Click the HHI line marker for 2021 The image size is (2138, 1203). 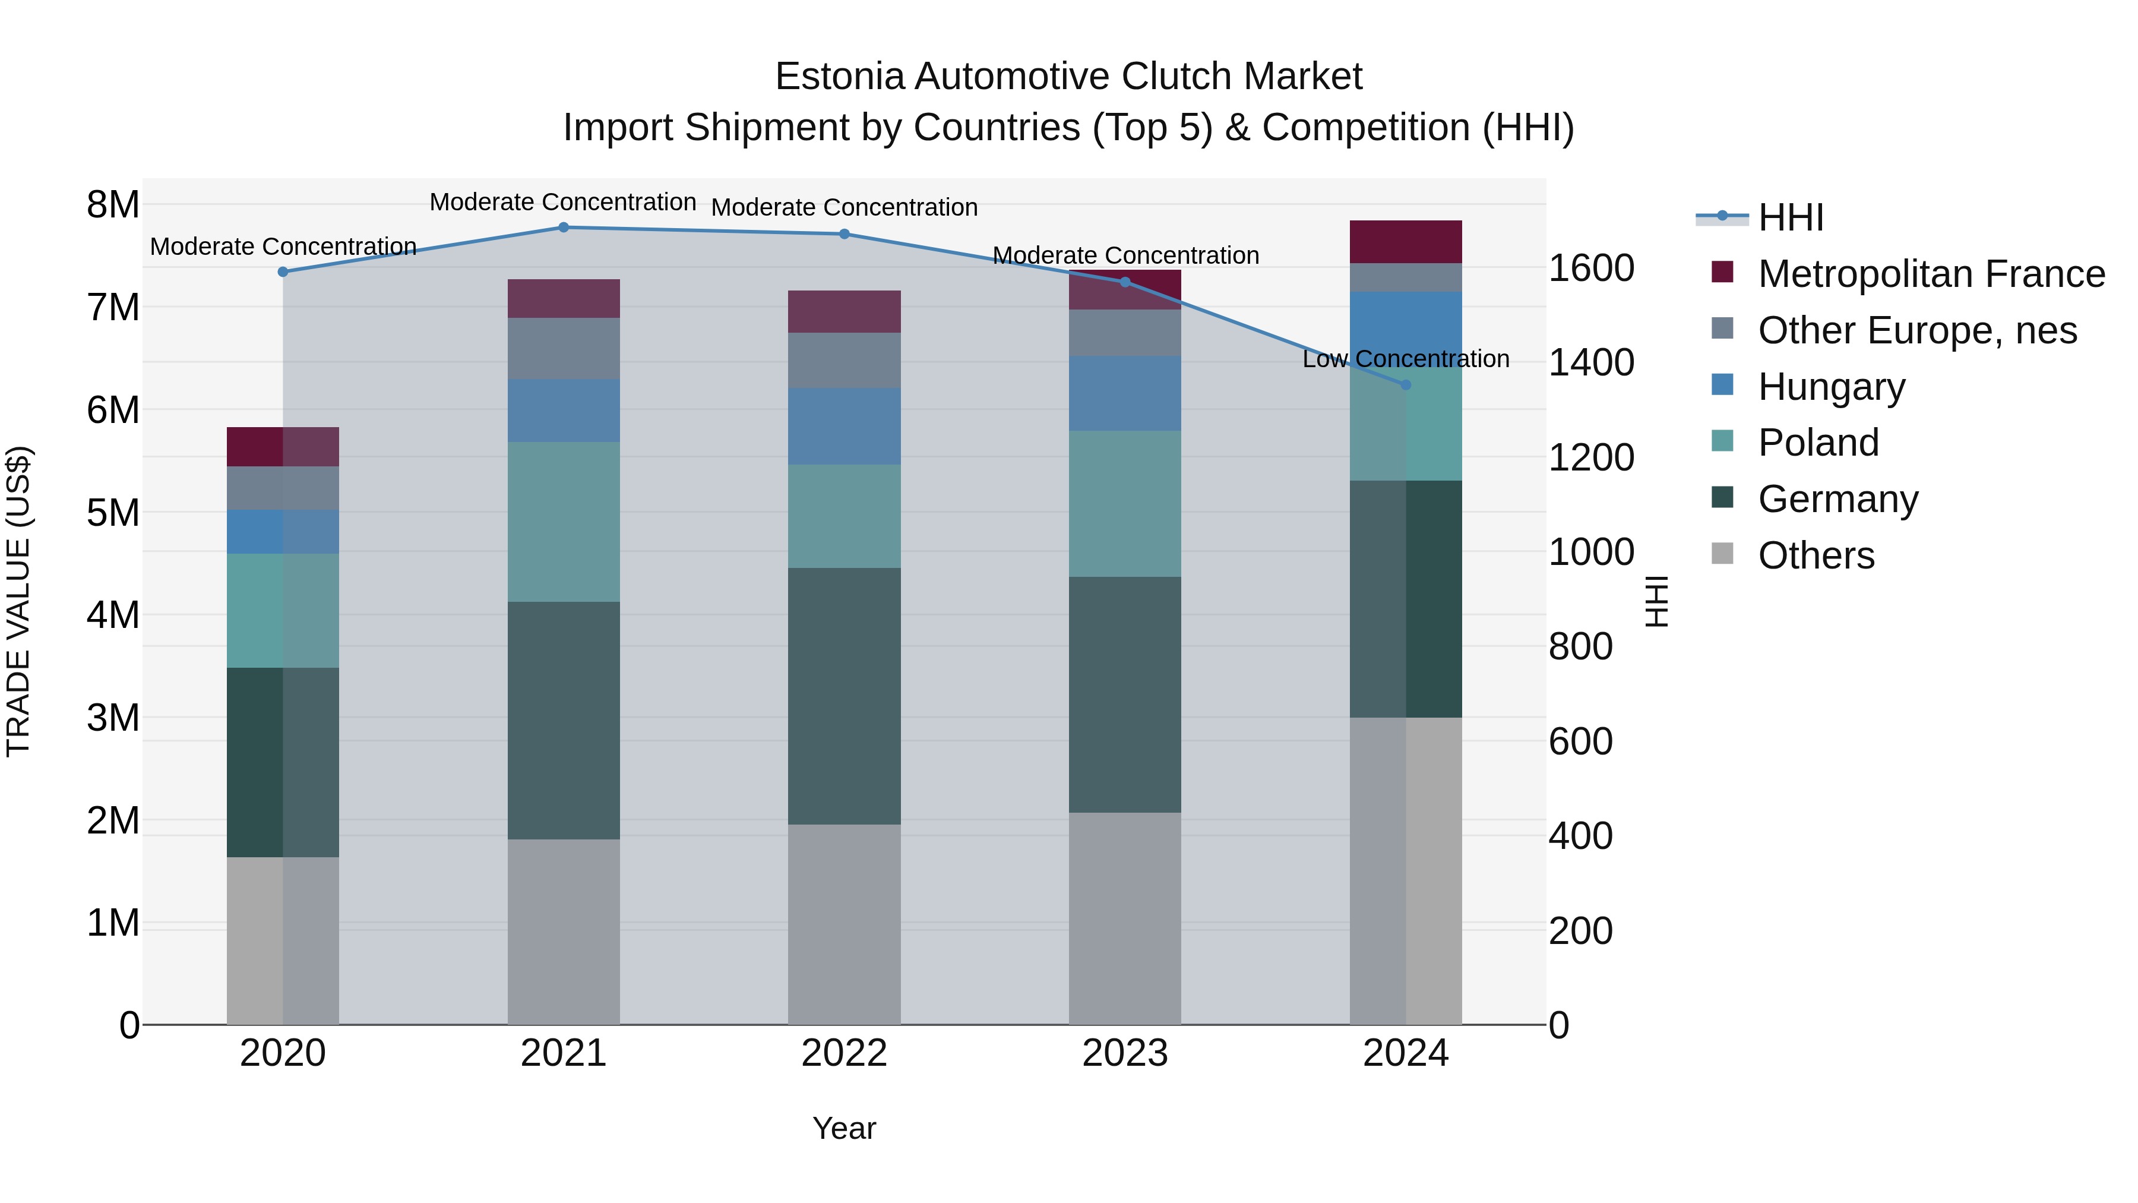pyautogui.click(x=564, y=228)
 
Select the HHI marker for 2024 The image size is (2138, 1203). pyautogui.click(x=1405, y=385)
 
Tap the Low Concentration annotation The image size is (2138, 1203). pyautogui.click(x=1405, y=359)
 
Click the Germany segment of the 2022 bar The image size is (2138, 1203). pyautogui.click(x=844, y=696)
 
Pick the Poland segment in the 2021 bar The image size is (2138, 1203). pyautogui.click(x=564, y=522)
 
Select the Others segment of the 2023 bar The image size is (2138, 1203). pyautogui.click(x=1125, y=917)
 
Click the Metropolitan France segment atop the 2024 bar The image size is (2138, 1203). pyautogui.click(x=1405, y=242)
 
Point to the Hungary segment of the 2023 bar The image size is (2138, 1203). pyautogui.click(x=1125, y=393)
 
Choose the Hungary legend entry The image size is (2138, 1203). pyautogui.click(x=1831, y=387)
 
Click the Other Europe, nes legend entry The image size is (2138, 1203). pyautogui.click(x=1916, y=330)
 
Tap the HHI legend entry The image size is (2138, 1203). pyautogui.click(x=1790, y=217)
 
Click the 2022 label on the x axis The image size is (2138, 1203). pyautogui.click(x=844, y=1053)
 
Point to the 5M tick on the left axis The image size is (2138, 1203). pyautogui.click(x=113, y=512)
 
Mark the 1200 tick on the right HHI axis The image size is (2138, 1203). pyautogui.click(x=1591, y=457)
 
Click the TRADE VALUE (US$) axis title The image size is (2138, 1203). pyautogui.click(x=18, y=601)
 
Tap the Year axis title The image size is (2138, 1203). pyautogui.click(x=844, y=1128)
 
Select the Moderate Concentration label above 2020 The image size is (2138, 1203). pyautogui.click(x=283, y=247)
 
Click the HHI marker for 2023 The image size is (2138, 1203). pyautogui.click(x=1125, y=282)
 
